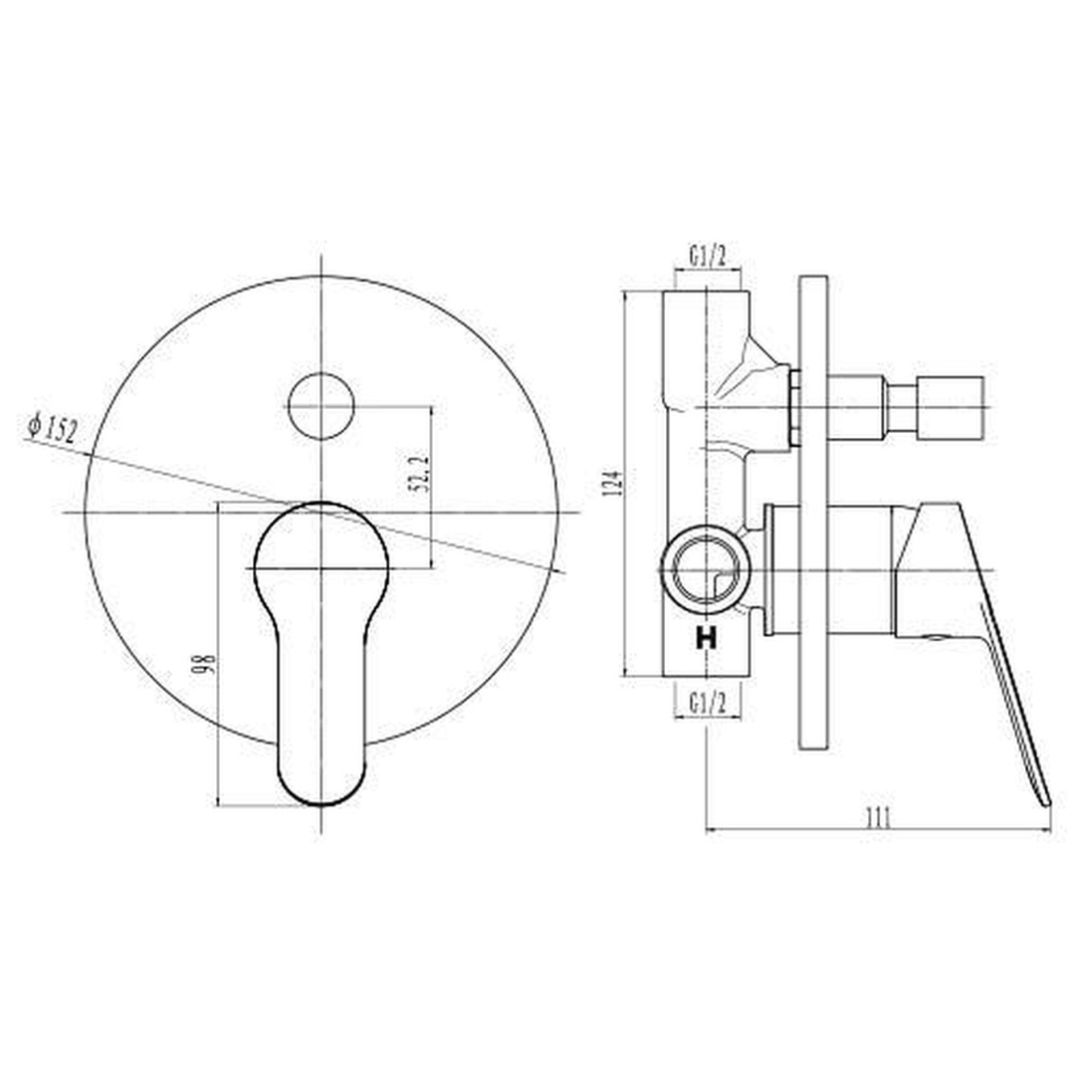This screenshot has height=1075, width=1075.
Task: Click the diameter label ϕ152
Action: coord(53,427)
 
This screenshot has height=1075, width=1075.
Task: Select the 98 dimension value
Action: coord(205,663)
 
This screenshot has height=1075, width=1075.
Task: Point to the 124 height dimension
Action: coord(616,484)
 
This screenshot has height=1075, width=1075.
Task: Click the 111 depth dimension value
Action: coord(879,818)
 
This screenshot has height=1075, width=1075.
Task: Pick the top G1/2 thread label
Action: coord(708,257)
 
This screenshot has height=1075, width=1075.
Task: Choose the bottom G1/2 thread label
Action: coord(708,703)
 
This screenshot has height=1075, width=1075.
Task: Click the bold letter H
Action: coord(706,638)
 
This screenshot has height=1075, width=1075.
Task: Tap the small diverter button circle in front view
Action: coord(321,406)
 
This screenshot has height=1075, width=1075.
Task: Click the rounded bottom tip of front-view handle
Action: coord(321,803)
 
